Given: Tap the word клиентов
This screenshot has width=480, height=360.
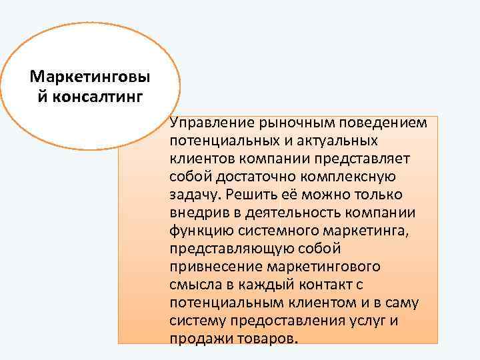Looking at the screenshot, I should point(197,159).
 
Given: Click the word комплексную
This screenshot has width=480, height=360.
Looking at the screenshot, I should point(351,177).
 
